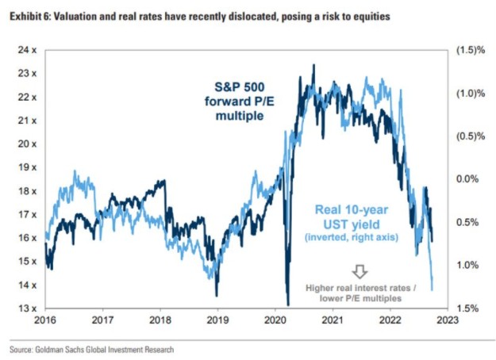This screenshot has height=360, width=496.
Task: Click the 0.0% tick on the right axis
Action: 469,179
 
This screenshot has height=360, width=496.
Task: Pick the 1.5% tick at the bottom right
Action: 470,308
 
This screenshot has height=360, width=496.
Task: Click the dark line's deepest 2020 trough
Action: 286,304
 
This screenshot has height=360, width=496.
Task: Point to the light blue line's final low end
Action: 433,289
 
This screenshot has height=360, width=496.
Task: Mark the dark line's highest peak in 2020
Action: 313,65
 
